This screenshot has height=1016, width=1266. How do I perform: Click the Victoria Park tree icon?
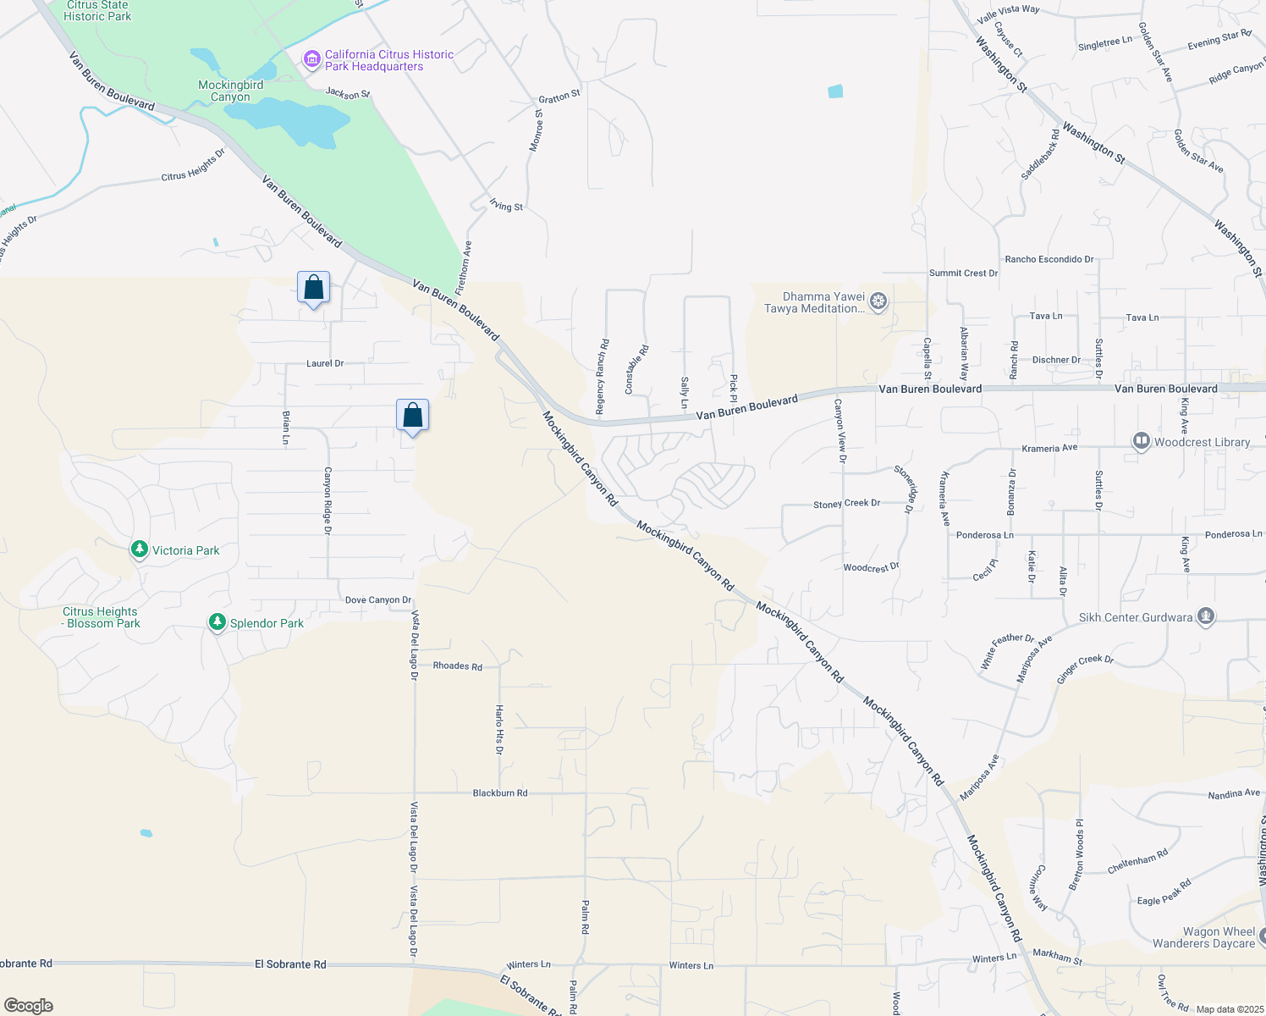coord(140,549)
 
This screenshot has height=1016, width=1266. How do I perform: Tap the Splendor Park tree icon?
coord(217,622)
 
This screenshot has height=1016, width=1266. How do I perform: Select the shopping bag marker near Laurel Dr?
coord(313,289)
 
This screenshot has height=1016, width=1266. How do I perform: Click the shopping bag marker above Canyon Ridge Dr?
coord(412,416)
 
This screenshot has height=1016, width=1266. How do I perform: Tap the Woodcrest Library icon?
coord(1141,441)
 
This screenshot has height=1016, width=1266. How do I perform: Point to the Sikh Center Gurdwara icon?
coord(1206,616)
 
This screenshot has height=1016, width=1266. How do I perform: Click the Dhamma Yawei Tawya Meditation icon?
coord(878,301)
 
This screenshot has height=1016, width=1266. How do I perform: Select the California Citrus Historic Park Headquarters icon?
coord(312,59)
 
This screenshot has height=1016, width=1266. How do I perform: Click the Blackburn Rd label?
coord(499,793)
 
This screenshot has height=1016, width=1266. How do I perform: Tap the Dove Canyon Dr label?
coord(377,599)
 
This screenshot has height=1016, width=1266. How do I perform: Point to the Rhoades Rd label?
coord(457,665)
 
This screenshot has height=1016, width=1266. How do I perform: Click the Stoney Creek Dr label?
coord(846,504)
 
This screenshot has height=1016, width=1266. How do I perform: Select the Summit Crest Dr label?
coord(963,273)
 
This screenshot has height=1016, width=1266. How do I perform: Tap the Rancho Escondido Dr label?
coord(1049,259)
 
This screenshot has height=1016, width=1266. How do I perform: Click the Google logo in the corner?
coord(29,1006)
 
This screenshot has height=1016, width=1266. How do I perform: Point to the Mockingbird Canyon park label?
coord(230,91)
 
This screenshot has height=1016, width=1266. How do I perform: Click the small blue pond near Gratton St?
coord(835,91)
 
